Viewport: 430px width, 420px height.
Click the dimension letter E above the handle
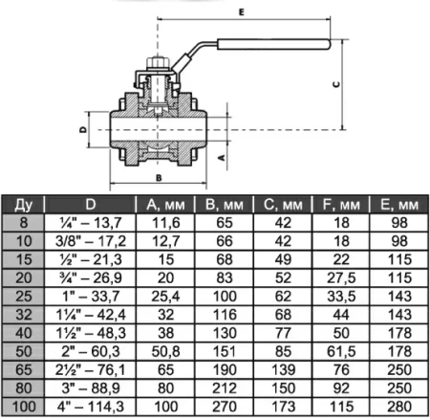point(242,12)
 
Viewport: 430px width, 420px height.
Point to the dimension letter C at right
point(336,84)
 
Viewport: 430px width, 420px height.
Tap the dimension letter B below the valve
point(159,178)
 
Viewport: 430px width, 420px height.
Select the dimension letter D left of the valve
point(83,129)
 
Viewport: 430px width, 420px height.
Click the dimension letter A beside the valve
point(222,157)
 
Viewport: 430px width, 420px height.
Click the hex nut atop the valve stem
point(158,62)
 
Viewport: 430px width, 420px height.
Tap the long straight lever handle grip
point(274,44)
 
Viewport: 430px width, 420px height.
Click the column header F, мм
point(341,205)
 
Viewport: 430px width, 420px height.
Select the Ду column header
point(23,205)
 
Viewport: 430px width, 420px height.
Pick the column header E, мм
point(399,205)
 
